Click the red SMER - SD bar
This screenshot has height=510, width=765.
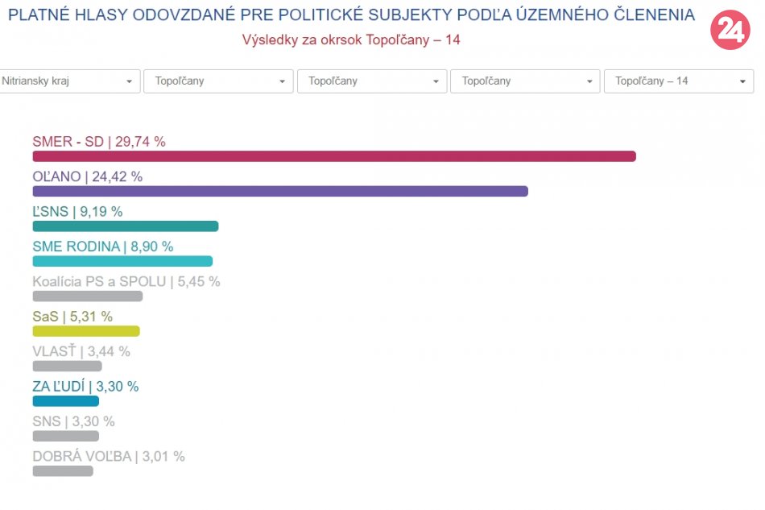[x=334, y=156]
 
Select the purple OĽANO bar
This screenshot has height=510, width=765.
[x=280, y=191]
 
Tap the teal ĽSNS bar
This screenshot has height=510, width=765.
[x=126, y=226]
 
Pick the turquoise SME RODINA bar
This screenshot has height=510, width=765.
[x=122, y=261]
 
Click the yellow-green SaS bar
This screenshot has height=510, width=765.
[x=86, y=331]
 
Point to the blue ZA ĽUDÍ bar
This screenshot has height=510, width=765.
[x=66, y=400]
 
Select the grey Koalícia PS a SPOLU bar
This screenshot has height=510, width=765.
[x=88, y=296]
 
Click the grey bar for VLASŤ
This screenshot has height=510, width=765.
[x=68, y=366]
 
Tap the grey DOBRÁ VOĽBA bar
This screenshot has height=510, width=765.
[x=63, y=471]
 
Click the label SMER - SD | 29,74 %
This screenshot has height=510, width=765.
[x=99, y=142]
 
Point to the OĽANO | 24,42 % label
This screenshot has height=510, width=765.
[x=87, y=176]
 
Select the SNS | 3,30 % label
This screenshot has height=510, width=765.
[x=73, y=421]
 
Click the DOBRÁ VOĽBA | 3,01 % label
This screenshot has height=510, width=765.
[x=109, y=456]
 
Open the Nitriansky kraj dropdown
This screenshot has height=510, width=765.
[x=68, y=81]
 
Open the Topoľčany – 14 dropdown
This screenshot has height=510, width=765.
[x=679, y=81]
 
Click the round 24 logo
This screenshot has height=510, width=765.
[x=730, y=31]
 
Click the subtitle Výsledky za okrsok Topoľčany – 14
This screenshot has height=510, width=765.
[x=351, y=39]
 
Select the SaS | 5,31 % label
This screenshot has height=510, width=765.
[x=72, y=317]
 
